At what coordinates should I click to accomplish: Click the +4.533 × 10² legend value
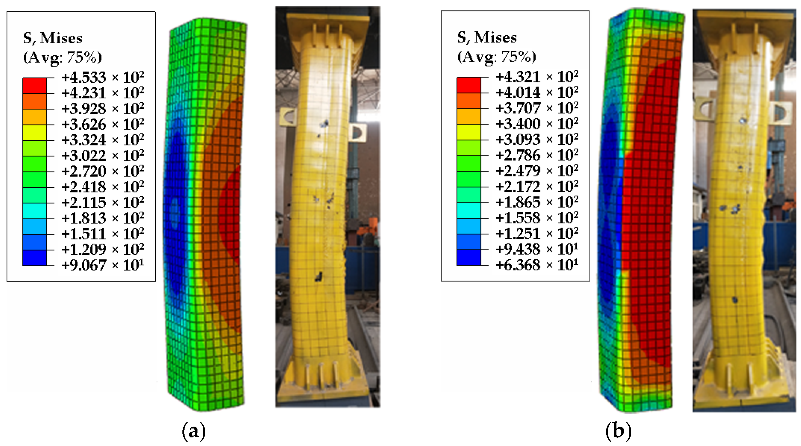tap(103, 77)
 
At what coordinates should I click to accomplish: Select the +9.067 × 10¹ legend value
tap(103, 265)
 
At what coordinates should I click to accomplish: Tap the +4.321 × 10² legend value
tap(537, 77)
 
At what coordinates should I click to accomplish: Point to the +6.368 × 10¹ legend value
tap(537, 265)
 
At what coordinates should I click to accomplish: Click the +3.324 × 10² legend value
tap(103, 140)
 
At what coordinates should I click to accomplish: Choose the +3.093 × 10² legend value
tap(537, 139)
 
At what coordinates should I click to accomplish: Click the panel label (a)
tap(193, 431)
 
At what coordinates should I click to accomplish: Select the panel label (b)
tap(619, 431)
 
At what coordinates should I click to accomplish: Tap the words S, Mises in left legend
tap(53, 38)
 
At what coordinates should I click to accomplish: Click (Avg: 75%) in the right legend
tap(496, 57)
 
